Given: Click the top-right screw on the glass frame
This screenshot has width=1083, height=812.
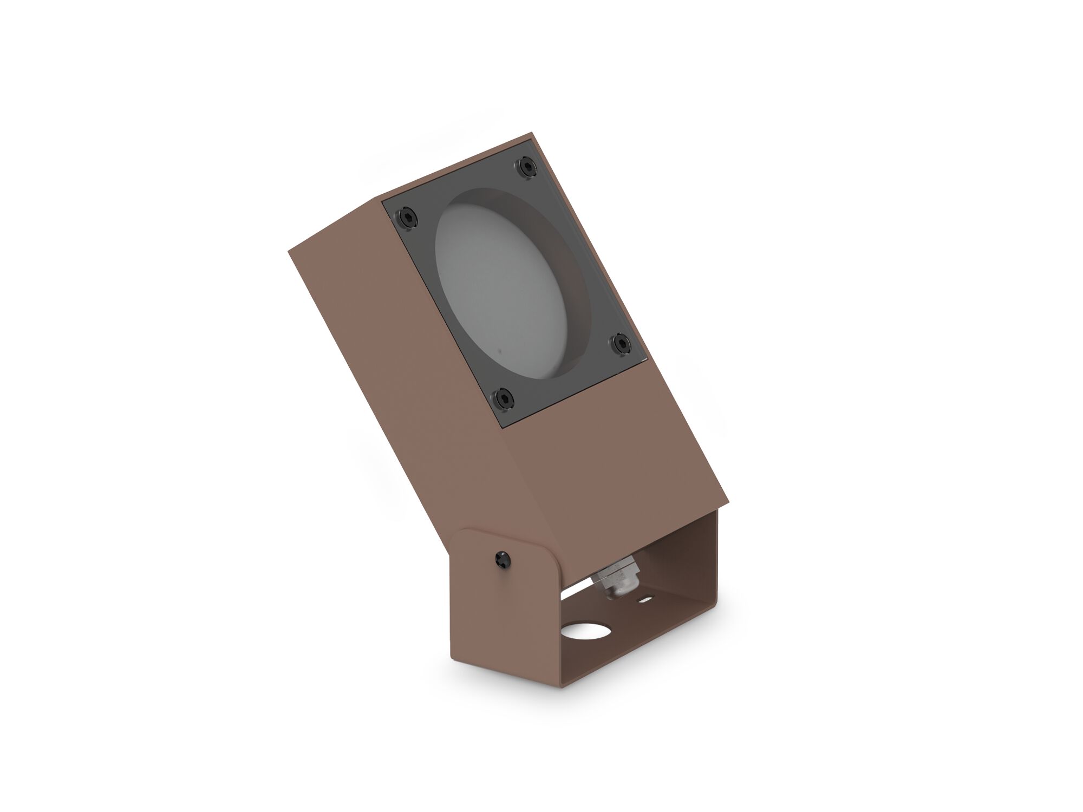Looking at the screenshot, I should point(526,166).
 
